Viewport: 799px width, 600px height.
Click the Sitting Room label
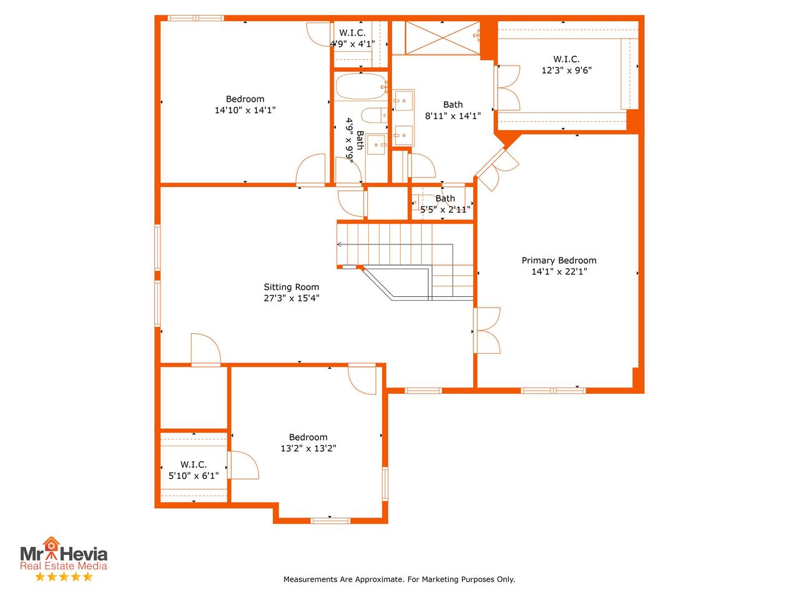292,287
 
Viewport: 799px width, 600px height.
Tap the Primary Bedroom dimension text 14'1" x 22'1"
559,271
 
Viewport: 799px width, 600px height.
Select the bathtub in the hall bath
361,86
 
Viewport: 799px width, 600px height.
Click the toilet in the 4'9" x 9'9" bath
374,116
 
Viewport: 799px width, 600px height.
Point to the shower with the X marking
443,38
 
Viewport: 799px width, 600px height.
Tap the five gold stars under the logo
64,577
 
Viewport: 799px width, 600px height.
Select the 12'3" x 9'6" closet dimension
566,70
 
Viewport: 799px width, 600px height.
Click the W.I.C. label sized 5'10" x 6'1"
194,464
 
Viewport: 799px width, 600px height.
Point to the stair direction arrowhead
339,244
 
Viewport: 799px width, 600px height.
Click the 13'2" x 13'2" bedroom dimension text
308,448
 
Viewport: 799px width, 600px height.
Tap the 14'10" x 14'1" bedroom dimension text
245,110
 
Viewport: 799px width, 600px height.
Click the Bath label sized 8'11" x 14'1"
453,104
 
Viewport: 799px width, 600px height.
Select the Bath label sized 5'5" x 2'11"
445,198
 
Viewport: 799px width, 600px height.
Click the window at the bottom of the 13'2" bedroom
330,521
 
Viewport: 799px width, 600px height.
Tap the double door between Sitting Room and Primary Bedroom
486,331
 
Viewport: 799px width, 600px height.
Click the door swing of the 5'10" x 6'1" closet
243,465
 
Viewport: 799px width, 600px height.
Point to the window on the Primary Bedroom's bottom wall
553,391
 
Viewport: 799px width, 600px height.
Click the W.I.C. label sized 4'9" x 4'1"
352,32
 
